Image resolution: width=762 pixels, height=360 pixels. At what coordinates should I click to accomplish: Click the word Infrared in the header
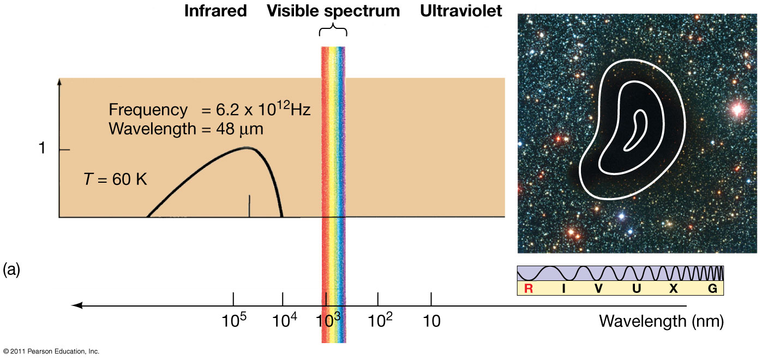[215, 11]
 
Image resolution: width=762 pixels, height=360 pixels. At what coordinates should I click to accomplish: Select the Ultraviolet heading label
[461, 11]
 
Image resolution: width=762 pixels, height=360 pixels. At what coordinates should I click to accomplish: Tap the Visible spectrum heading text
[333, 11]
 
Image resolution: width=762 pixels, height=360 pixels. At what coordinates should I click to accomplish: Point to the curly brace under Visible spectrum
[333, 29]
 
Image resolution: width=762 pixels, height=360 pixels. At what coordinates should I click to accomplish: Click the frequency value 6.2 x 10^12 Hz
[256, 110]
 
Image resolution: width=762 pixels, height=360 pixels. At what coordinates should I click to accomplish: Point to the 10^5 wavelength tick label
[233, 321]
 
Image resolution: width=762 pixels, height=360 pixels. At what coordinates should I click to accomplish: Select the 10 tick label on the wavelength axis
[431, 321]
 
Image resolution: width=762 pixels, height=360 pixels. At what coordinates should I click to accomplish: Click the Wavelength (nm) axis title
[661, 321]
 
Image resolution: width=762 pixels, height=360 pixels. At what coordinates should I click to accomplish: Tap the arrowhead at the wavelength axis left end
[77, 305]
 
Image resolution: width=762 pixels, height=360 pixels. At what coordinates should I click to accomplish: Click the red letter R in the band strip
[528, 289]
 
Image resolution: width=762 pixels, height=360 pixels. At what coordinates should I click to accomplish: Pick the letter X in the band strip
[674, 289]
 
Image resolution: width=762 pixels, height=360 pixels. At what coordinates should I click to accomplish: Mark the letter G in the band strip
[712, 289]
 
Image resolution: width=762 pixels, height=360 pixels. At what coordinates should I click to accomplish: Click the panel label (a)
[11, 269]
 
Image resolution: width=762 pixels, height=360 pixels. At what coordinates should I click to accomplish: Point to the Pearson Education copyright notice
[51, 351]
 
